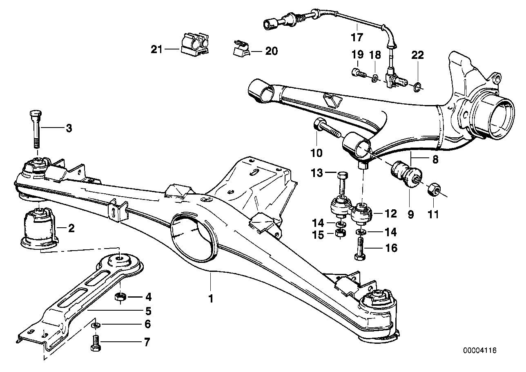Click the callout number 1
tap(211, 299)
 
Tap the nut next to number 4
tap(120, 296)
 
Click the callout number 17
tap(357, 38)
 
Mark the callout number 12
tap(391, 213)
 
